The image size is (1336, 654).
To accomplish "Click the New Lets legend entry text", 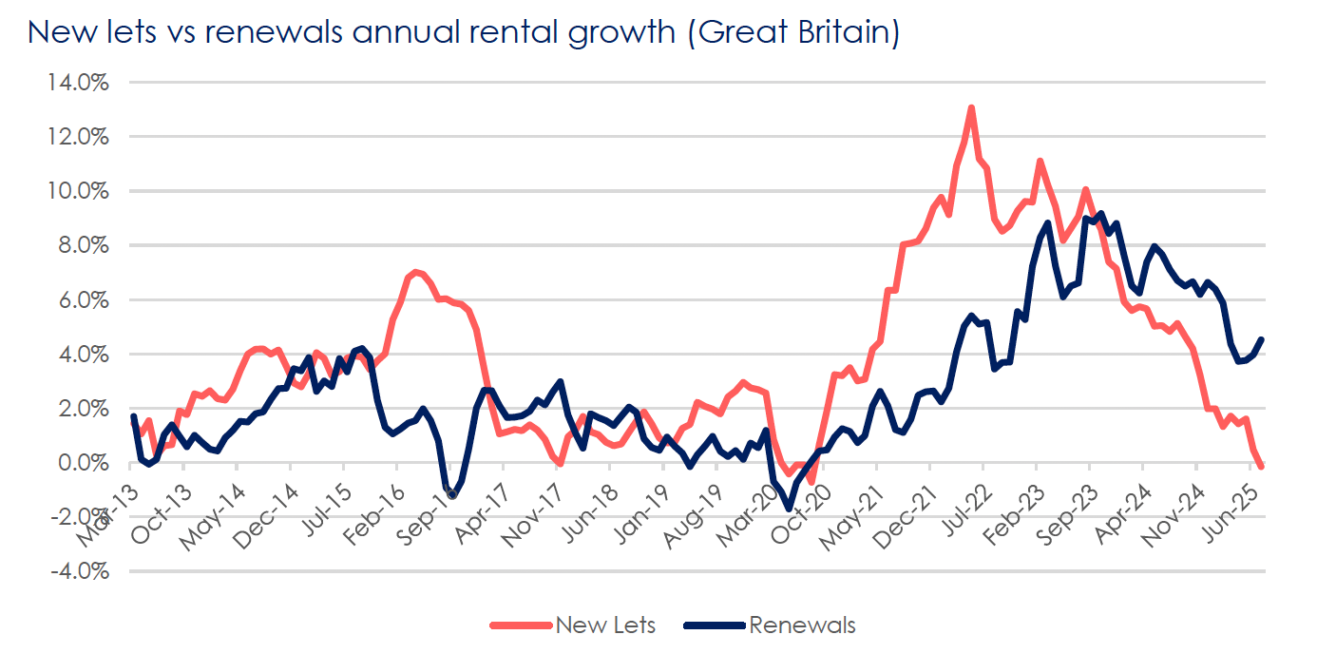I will coord(605,625).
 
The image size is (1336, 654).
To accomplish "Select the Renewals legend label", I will coord(802,625).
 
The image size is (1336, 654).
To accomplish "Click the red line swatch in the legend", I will coord(520,625).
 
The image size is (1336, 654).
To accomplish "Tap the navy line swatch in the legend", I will coord(715,625).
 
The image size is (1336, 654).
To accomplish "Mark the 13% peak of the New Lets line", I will coord(971,108).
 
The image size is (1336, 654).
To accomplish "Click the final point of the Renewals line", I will coord(1262,339).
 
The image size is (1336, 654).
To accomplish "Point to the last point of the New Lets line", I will coord(1262,467).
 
